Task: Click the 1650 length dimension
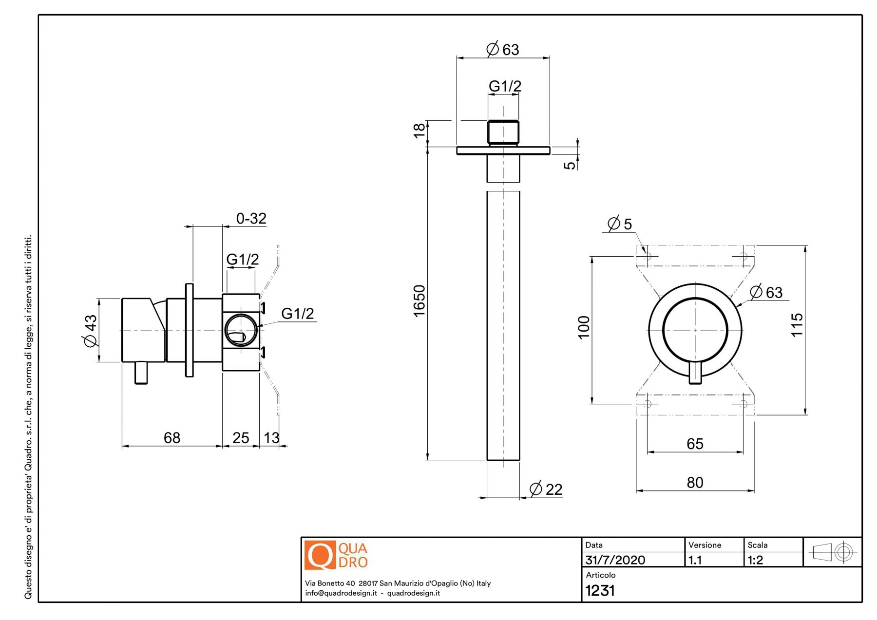tap(419, 301)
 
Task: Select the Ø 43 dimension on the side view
tap(91, 331)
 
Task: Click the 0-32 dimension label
tap(251, 218)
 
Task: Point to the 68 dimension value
tap(172, 438)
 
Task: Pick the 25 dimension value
tap(241, 438)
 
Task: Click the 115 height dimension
tap(797, 325)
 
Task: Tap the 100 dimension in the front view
tap(584, 327)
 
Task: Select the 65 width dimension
tap(695, 444)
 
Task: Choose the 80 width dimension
tap(695, 482)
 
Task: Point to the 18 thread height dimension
tap(419, 131)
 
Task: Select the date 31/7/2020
tap(615, 560)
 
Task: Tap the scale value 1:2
tap(755, 560)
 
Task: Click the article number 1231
tap(600, 590)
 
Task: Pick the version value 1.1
tap(695, 560)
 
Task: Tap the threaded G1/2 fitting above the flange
tap(503, 132)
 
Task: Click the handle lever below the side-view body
tap(141, 373)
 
